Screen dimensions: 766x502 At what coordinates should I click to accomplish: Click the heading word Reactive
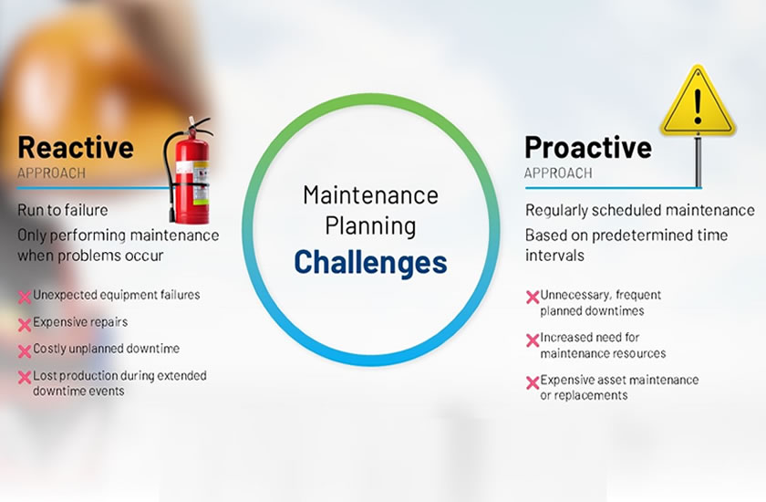tap(76, 148)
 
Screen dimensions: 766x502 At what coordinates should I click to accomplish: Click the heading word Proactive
tap(588, 148)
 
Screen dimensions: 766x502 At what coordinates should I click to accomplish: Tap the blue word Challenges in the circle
tap(370, 263)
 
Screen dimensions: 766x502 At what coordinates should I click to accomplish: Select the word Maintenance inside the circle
tap(371, 195)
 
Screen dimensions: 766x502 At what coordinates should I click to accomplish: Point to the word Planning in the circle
tap(371, 226)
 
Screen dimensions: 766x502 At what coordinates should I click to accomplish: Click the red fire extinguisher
tap(190, 171)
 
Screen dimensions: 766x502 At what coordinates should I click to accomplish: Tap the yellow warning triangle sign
tap(698, 101)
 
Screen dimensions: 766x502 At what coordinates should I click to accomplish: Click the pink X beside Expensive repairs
tap(25, 325)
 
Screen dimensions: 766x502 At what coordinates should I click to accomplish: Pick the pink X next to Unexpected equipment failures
tap(25, 298)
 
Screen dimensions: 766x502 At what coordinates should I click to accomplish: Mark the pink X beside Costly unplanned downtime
tap(25, 351)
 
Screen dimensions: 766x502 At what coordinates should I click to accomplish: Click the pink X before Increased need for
tap(533, 340)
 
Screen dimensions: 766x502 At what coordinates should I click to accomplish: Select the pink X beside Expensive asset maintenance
tap(533, 382)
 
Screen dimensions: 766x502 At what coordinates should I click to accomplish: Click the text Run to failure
tap(63, 210)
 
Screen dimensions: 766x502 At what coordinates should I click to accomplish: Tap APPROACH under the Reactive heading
tap(51, 173)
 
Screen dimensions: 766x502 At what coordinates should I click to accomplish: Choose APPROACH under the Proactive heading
tap(558, 173)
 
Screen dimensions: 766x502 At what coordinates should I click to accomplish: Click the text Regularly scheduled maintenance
tap(640, 211)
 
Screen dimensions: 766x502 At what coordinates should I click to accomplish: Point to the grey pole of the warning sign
tap(699, 162)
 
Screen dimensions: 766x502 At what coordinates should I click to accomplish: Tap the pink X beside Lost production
tap(25, 377)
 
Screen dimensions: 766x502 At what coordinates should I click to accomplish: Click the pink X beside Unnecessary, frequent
tap(533, 298)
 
